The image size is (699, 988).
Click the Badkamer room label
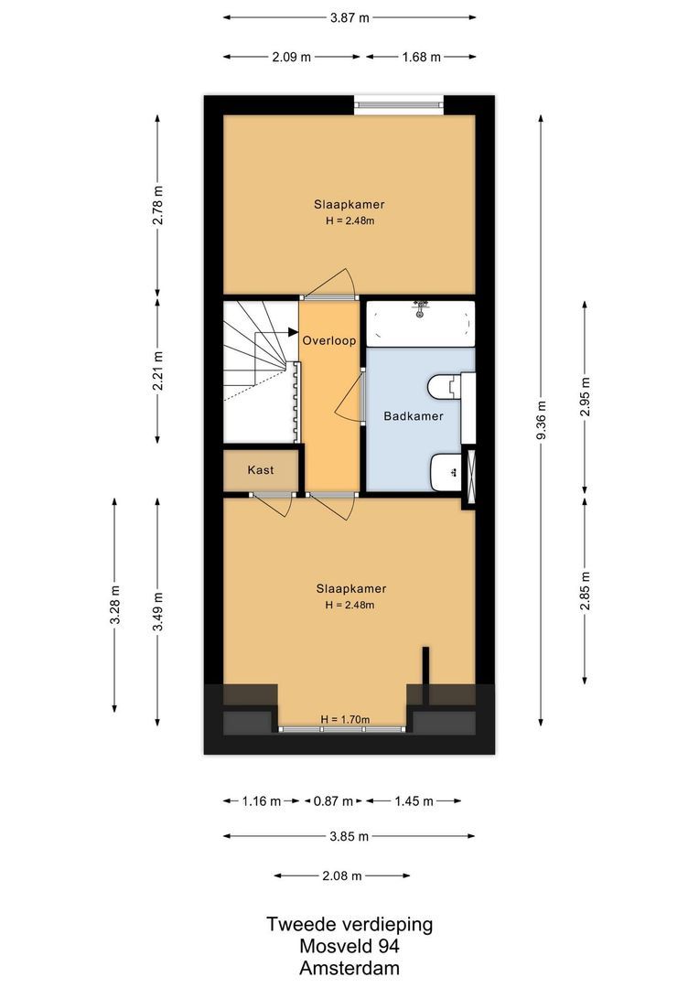click(414, 416)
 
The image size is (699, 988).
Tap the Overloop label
click(329, 339)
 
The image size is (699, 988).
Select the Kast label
click(261, 470)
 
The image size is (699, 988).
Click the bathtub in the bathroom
click(421, 324)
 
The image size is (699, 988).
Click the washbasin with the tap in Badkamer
click(446, 472)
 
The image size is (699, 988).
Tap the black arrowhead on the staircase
click(293, 332)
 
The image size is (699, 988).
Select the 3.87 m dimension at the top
click(349, 17)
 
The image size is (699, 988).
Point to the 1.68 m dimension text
click(421, 57)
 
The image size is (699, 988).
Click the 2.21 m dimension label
click(157, 370)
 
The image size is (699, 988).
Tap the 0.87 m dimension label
click(333, 801)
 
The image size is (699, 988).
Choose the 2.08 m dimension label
click(342, 875)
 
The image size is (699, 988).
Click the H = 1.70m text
click(345, 720)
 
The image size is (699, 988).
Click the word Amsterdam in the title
click(349, 968)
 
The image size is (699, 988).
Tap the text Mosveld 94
click(349, 947)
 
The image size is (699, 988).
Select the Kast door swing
click(273, 503)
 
